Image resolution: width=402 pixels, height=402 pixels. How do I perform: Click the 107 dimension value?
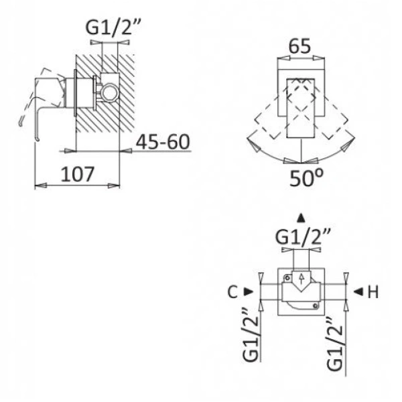pos(78,174)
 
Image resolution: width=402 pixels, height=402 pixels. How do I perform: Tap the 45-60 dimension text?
pos(163,142)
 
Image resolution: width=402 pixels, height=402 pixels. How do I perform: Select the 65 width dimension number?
pos(299,46)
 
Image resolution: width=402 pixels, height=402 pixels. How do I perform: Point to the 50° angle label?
pos(306,178)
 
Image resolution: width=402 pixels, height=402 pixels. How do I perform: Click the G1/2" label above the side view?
pos(113,27)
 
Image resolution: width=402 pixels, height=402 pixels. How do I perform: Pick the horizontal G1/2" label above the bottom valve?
pos(303,237)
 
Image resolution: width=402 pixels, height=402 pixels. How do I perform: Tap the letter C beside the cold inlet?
pos(232,292)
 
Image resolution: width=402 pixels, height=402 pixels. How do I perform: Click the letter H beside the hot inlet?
pos(373,292)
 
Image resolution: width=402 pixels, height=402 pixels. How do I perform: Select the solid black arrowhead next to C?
pos(248,291)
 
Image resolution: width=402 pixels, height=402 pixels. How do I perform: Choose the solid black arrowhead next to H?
pos(358,291)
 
